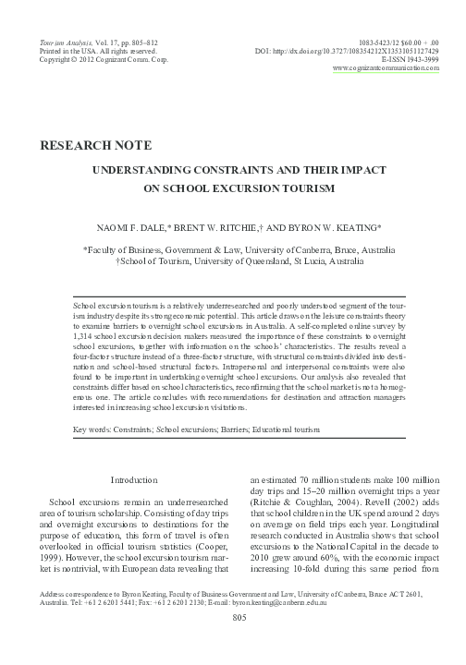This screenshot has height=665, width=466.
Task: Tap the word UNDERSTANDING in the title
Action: pos(156,170)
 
